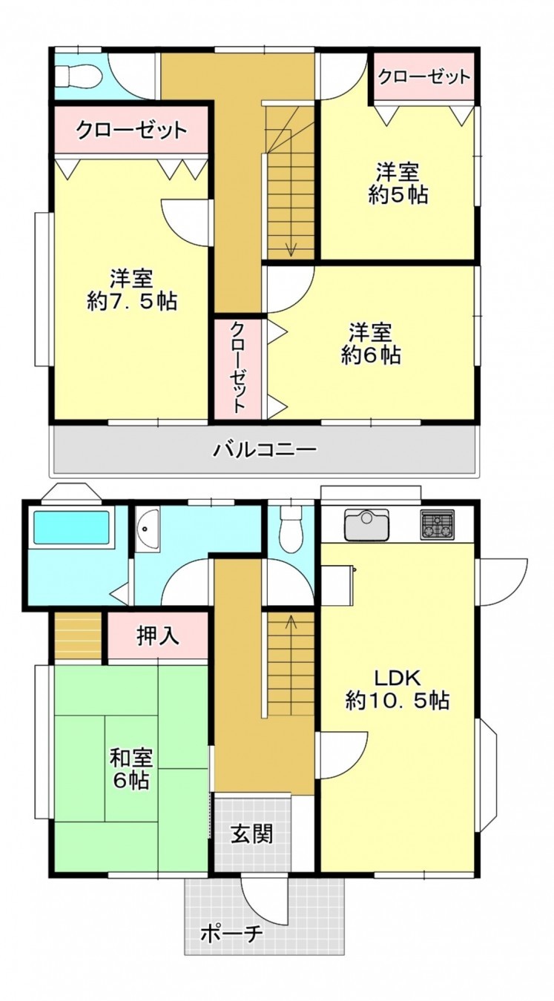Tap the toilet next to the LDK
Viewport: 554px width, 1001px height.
coord(292,527)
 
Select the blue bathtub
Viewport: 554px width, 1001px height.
coord(71,528)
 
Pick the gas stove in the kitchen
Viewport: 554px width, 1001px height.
coord(437,525)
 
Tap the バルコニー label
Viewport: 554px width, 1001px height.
coord(266,449)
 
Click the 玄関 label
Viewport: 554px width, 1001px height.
coord(251,833)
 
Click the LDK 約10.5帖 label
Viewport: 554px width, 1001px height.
coord(397,689)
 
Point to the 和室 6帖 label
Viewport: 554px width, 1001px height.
coord(131,769)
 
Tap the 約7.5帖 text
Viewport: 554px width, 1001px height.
coord(131,302)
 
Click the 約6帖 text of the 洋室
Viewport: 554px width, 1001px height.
coord(371,355)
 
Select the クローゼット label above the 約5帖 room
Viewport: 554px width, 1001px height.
coord(423,76)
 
